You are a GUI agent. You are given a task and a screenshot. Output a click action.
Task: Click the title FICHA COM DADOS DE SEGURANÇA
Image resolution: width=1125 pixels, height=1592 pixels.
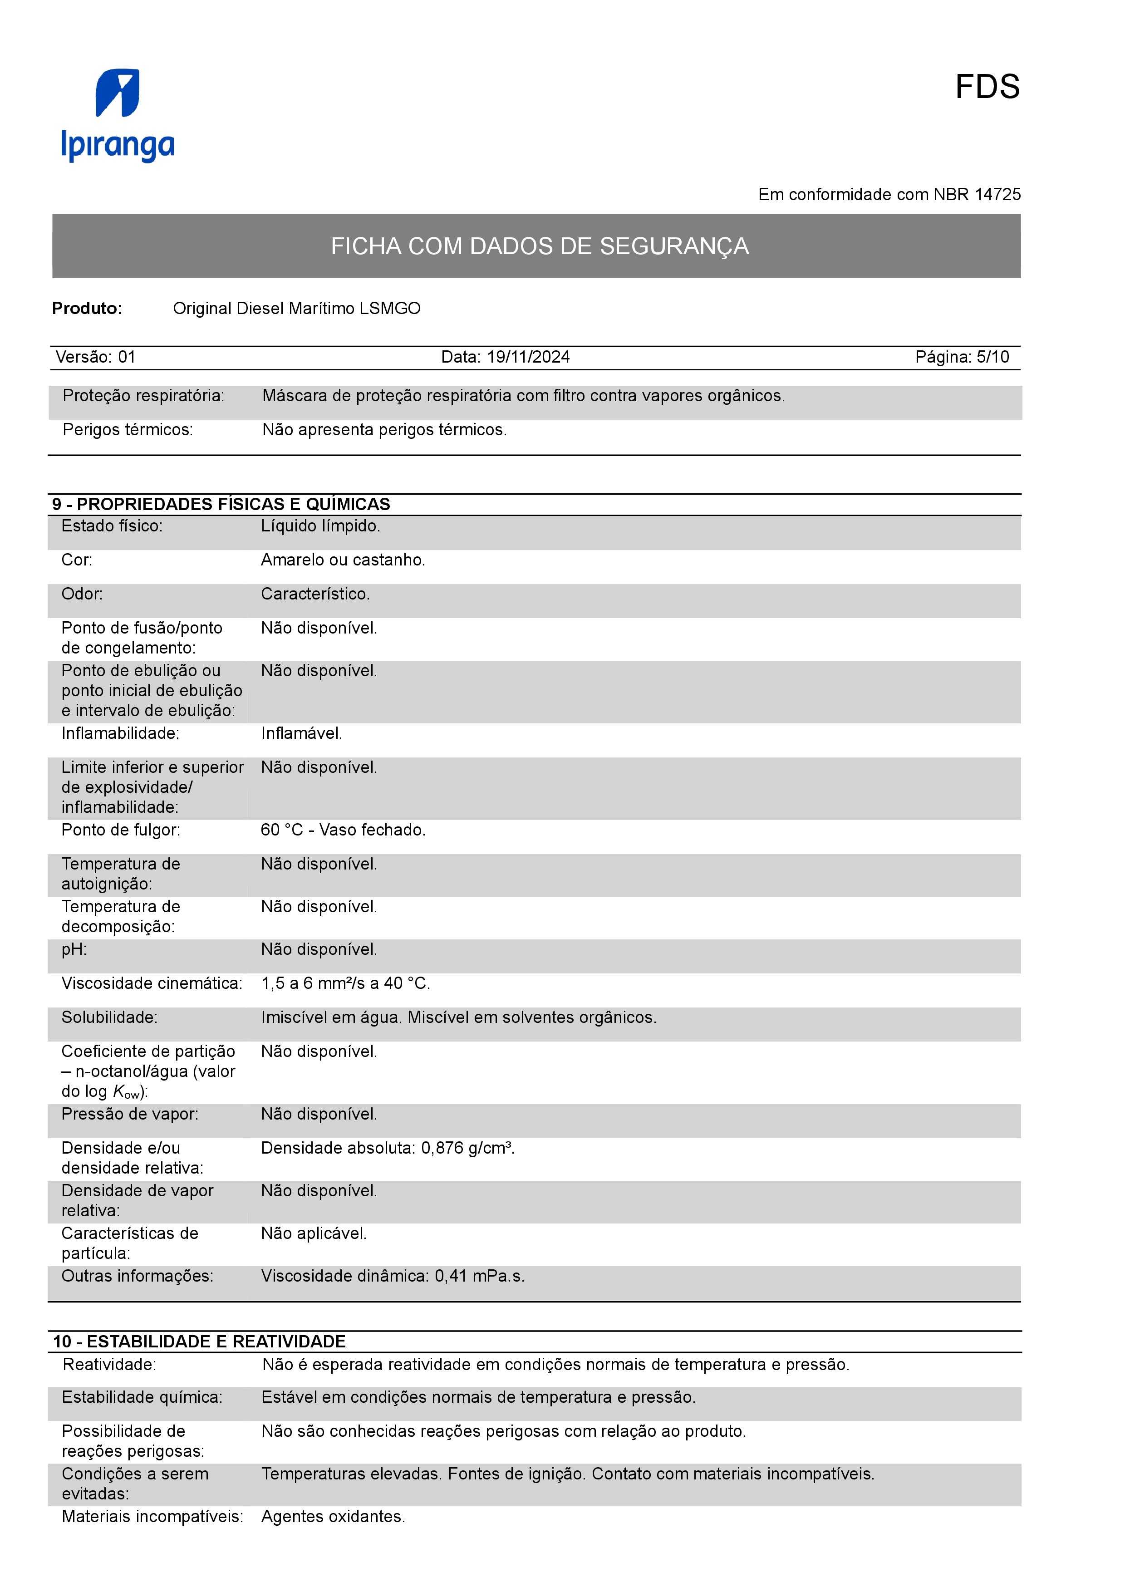pos(539,246)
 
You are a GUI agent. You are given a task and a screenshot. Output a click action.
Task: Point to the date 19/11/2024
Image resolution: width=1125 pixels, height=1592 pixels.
pos(528,357)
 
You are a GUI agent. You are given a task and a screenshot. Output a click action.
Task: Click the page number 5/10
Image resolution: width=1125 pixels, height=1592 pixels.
pos(992,357)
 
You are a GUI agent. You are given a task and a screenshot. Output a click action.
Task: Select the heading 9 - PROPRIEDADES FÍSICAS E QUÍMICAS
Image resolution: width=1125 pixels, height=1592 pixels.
pos(221,504)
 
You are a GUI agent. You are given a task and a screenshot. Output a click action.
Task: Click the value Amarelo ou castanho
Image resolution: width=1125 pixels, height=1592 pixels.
pos(343,560)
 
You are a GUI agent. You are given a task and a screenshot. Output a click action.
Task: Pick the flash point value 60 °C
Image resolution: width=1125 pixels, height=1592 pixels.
pos(281,830)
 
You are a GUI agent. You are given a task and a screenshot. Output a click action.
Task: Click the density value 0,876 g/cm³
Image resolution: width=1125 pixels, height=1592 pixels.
pos(467,1148)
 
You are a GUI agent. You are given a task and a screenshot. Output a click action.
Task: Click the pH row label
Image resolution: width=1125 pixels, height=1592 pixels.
pos(74,949)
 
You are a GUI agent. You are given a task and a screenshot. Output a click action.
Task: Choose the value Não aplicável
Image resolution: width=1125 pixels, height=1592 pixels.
pos(313,1233)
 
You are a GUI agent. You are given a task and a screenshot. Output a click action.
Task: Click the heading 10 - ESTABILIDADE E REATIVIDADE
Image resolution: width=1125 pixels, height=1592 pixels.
pos(199,1341)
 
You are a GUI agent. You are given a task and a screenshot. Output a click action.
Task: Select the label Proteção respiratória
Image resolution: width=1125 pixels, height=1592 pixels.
pos(143,396)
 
